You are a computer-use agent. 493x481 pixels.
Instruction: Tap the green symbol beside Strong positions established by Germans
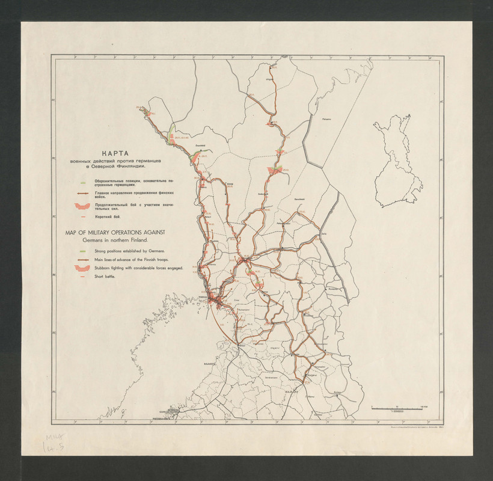click(x=81, y=249)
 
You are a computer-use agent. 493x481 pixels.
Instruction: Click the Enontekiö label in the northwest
click(x=199, y=145)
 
